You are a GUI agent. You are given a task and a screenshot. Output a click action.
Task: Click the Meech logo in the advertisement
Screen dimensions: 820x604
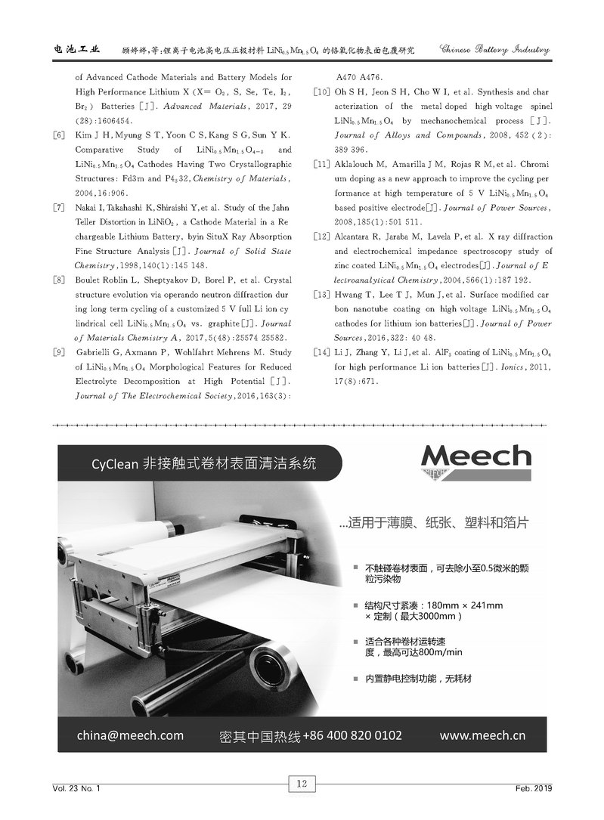pyautogui.click(x=475, y=457)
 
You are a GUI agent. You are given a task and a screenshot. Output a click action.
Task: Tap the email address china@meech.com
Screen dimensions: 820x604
pyautogui.click(x=130, y=735)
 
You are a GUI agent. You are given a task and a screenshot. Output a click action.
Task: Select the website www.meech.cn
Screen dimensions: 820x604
pyautogui.click(x=482, y=735)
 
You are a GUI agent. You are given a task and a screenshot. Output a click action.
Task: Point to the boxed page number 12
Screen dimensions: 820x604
pyautogui.click(x=301, y=784)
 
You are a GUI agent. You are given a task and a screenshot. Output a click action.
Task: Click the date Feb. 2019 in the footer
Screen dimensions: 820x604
pyautogui.click(x=533, y=788)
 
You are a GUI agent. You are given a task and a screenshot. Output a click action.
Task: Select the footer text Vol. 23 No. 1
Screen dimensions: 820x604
pyautogui.click(x=76, y=788)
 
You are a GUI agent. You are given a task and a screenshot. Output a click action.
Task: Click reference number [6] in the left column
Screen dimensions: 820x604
pyautogui.click(x=58, y=135)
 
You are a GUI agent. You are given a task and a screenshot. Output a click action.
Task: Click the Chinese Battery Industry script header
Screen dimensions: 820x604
pyautogui.click(x=494, y=50)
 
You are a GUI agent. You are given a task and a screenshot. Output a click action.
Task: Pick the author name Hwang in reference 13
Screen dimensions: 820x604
pyautogui.click(x=348, y=295)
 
